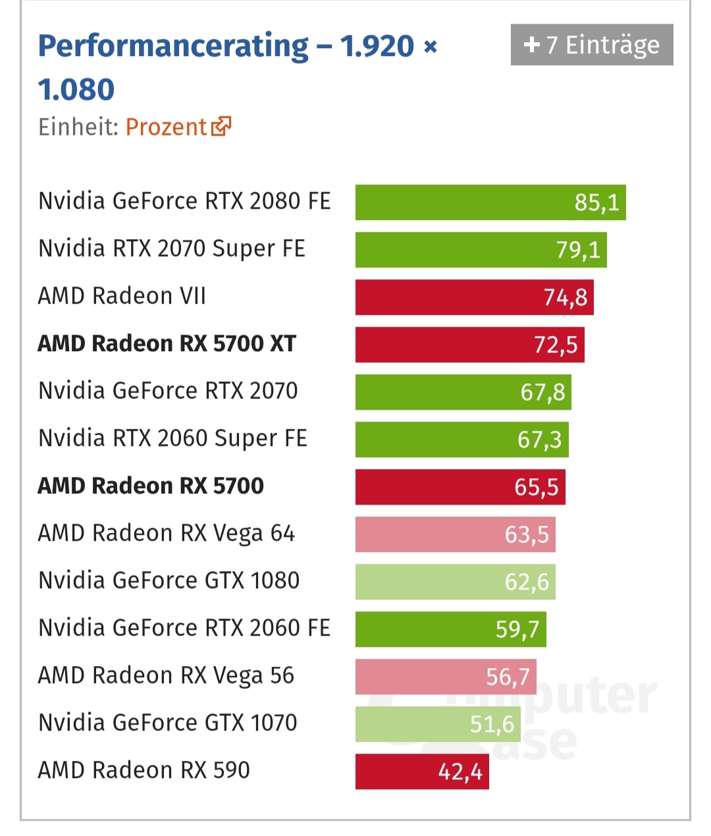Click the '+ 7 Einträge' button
(x=591, y=45)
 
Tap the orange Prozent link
(x=166, y=126)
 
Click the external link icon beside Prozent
(x=221, y=126)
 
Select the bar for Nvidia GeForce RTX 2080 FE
(x=490, y=202)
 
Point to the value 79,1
(x=578, y=250)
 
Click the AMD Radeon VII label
(x=122, y=296)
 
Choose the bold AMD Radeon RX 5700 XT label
(x=167, y=344)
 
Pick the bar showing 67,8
(x=463, y=392)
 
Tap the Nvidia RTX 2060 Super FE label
(x=172, y=439)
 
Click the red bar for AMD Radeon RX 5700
(x=460, y=487)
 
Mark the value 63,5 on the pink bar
(x=527, y=534)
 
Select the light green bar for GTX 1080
(x=455, y=582)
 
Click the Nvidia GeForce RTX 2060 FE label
(x=184, y=628)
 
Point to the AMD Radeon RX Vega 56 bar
(x=446, y=677)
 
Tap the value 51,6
(x=492, y=725)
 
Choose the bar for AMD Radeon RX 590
(x=421, y=771)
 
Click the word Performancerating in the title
(x=173, y=46)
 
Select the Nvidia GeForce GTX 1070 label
(x=168, y=723)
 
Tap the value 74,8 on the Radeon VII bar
(x=565, y=298)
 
